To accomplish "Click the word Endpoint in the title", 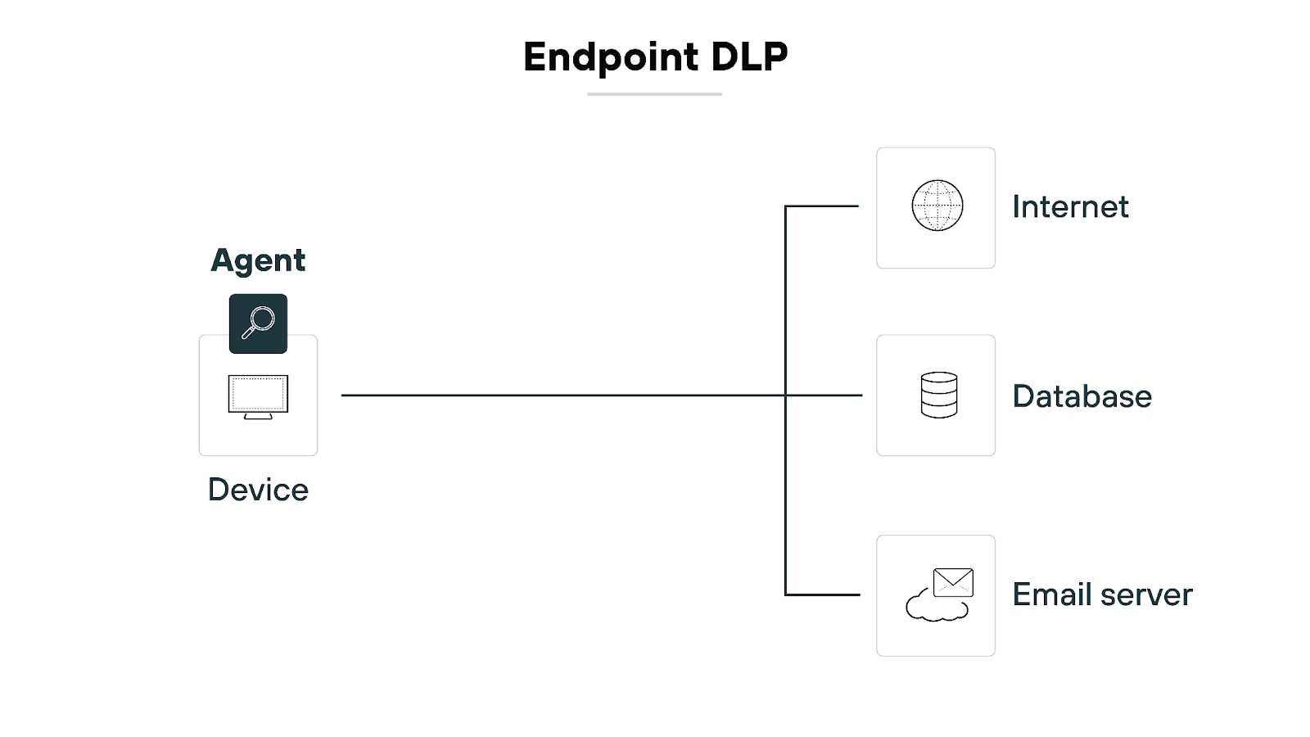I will pyautogui.click(x=611, y=58).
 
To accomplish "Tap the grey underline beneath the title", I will pyautogui.click(x=654, y=94).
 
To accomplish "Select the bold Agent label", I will pyautogui.click(x=258, y=260).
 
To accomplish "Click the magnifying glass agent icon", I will pyautogui.click(x=258, y=323).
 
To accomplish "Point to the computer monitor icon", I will pyautogui.click(x=258, y=394).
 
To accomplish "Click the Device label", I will pyautogui.click(x=258, y=490).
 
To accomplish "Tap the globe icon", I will pyautogui.click(x=937, y=206).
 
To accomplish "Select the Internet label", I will pyautogui.click(x=1070, y=206).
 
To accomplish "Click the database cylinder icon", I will pyautogui.click(x=938, y=395).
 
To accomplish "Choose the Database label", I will pyautogui.click(x=1082, y=396).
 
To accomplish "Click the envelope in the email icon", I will pyautogui.click(x=953, y=582).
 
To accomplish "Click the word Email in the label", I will pyautogui.click(x=1053, y=595).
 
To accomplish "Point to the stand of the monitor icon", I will pyautogui.click(x=258, y=416).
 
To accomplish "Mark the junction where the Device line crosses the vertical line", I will pyautogui.click(x=785, y=396).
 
